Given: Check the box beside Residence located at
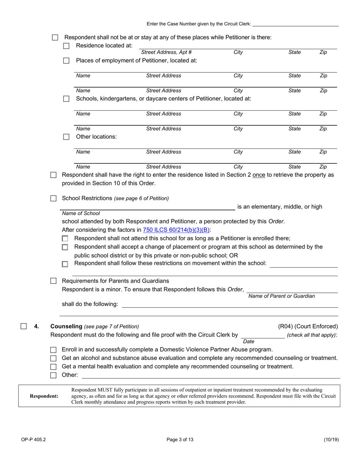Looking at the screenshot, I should (x=66, y=46).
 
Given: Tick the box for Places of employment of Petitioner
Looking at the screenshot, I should (x=66, y=61).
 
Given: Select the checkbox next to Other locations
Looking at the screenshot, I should (x=66, y=137).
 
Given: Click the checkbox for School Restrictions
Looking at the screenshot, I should (x=53, y=198).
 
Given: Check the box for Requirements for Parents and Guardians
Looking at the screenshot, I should (x=53, y=281).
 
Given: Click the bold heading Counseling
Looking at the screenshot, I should (x=66, y=326).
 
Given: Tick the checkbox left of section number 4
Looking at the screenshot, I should (x=23, y=326).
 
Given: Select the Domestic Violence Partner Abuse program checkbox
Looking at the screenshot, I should (x=53, y=350).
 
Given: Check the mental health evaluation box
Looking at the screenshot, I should (x=53, y=367).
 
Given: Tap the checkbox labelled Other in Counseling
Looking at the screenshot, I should (x=53, y=375).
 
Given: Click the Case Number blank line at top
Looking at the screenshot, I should (x=295, y=24).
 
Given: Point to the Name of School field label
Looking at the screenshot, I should (x=81, y=213).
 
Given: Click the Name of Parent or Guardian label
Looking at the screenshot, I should (x=282, y=296).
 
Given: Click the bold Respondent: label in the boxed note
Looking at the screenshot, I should (x=44, y=396).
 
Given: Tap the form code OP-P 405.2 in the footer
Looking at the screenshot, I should (x=33, y=440).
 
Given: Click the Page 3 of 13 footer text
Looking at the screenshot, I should (x=180, y=440).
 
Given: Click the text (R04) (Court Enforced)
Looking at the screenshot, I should (x=308, y=326).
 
